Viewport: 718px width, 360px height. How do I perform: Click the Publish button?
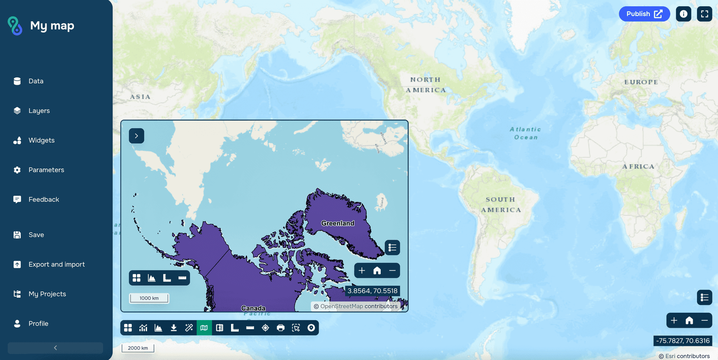pos(644,14)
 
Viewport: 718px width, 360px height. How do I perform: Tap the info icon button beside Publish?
pos(683,14)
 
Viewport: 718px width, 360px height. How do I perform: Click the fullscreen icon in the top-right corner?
pos(704,14)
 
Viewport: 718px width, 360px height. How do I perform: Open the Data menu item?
pos(36,81)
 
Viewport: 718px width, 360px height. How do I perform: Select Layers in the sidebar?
pos(39,111)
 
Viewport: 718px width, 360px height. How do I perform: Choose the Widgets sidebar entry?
pos(41,140)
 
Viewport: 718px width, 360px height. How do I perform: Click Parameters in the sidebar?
pos(46,170)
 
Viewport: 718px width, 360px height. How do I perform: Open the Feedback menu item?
pos(43,199)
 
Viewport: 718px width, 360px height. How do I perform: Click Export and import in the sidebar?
pos(56,264)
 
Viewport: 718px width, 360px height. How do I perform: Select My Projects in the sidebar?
pos(47,294)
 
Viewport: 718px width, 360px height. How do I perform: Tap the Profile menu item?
pos(38,324)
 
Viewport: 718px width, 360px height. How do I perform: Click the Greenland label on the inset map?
pos(338,223)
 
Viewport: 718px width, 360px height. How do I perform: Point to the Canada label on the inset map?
pos(253,308)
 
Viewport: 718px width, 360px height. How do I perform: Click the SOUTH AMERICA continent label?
pos(501,205)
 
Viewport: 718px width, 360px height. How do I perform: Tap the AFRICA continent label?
pos(638,167)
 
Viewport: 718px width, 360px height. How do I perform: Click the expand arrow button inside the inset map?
pos(136,136)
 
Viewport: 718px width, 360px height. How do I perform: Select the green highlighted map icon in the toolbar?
pos(204,328)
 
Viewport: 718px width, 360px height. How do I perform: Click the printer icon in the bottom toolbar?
pos(280,328)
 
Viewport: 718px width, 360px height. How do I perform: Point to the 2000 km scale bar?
pos(138,348)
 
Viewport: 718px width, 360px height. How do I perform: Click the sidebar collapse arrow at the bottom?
pos(55,348)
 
